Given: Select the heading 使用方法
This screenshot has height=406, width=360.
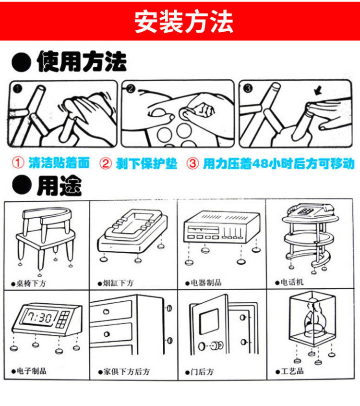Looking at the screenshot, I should click(x=81, y=62).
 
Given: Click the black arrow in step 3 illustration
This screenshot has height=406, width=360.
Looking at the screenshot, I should click(x=317, y=91).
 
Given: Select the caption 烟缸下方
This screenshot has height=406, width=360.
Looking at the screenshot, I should click(x=118, y=283).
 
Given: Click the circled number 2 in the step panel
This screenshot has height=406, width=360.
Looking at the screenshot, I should click(x=129, y=88).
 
